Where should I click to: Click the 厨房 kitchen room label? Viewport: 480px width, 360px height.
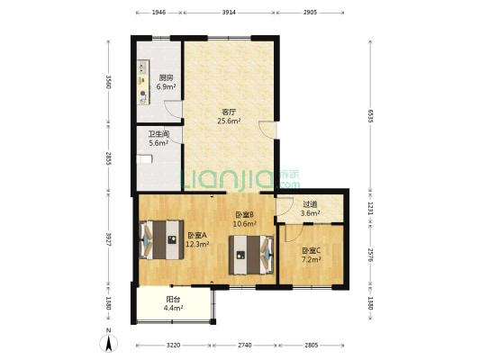click(166, 78)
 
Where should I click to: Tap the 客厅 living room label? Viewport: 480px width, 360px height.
click(229, 112)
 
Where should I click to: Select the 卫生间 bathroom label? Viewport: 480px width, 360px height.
click(158, 134)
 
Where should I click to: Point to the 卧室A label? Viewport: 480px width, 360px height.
click(197, 235)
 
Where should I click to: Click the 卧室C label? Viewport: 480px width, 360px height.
click(312, 251)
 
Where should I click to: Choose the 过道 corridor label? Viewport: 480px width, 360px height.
click(310, 204)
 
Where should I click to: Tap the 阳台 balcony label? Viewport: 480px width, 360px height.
click(173, 299)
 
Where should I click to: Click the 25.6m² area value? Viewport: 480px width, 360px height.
click(229, 121)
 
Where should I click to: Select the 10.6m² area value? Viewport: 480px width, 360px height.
click(245, 224)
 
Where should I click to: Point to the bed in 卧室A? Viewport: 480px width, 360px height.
click(161, 239)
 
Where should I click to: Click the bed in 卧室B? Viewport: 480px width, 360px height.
click(251, 255)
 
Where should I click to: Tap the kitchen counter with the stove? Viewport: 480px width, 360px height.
click(143, 82)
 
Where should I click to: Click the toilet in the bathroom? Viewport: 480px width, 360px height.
click(144, 159)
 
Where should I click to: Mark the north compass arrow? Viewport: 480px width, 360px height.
click(108, 343)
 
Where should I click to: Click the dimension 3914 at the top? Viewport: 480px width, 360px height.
click(229, 13)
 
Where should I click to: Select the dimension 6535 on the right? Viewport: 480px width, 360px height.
click(370, 116)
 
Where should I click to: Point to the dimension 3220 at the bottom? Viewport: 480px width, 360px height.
click(173, 346)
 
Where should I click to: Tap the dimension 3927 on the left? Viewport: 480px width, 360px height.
click(108, 239)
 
